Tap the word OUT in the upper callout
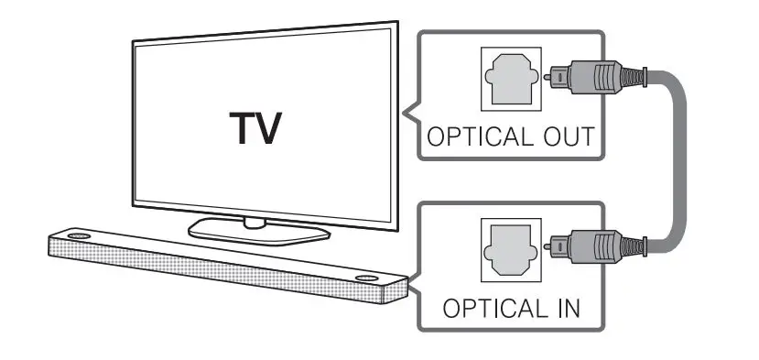pyautogui.click(x=566, y=138)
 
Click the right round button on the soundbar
pyautogui.click(x=366, y=278)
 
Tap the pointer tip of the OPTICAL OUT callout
pyautogui.click(x=400, y=114)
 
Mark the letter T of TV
pyautogui.click(x=237, y=128)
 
